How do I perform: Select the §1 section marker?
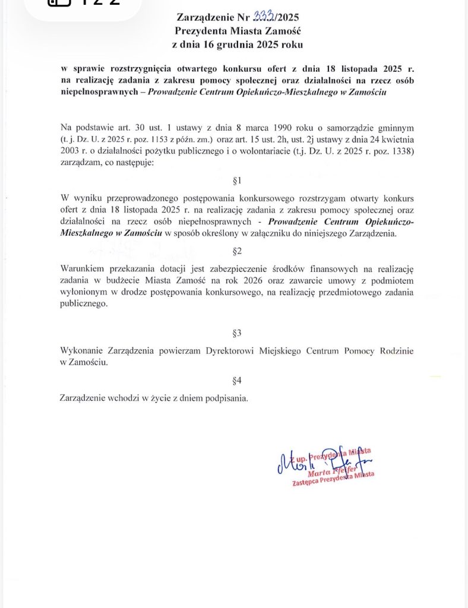pos(237,179)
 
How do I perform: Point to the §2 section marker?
pos(237,251)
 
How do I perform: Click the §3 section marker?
pos(237,333)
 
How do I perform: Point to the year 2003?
pos(70,150)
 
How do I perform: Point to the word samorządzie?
pos(344,128)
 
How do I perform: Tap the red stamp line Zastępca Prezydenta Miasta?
pos(333,480)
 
